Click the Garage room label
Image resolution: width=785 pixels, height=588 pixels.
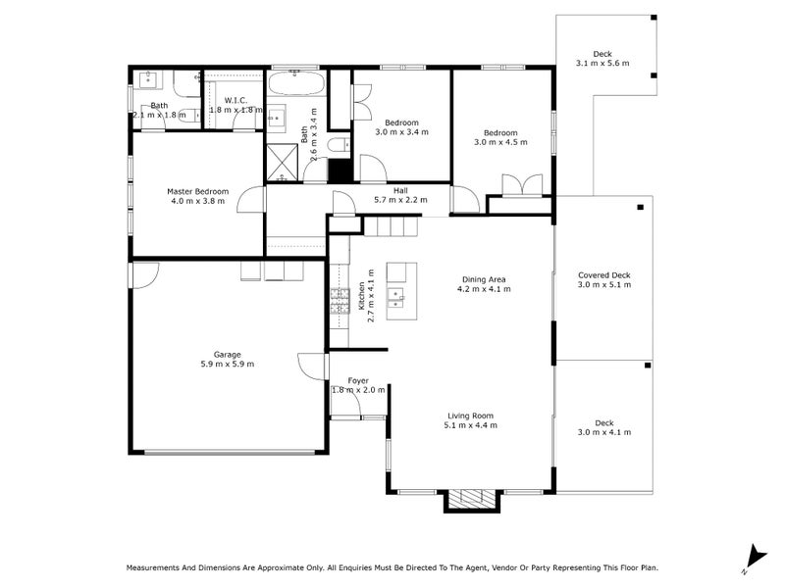point(228,355)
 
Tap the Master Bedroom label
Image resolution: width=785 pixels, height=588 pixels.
point(198,191)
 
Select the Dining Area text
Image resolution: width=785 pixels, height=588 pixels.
point(484,279)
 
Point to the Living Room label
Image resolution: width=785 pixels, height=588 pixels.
point(470,416)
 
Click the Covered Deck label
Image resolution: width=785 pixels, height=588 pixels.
point(604,275)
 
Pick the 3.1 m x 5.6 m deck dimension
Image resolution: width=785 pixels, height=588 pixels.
point(602,63)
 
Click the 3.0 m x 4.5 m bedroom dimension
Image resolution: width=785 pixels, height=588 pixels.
point(500,142)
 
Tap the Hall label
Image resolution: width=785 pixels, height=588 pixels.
point(400,190)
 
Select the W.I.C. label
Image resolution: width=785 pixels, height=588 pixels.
point(235,101)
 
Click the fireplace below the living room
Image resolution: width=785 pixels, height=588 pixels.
point(472,499)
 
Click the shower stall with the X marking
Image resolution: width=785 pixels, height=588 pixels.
point(282,162)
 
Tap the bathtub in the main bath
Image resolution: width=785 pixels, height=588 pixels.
point(295,84)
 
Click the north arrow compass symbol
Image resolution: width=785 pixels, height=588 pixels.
point(756,559)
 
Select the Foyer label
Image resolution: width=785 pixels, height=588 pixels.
point(358,380)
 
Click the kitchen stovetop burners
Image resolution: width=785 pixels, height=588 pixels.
point(340,302)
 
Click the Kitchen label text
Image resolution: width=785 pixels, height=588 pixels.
point(362,296)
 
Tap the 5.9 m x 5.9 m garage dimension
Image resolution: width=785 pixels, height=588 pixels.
point(228,364)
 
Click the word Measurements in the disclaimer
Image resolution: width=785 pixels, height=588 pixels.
point(153,567)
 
